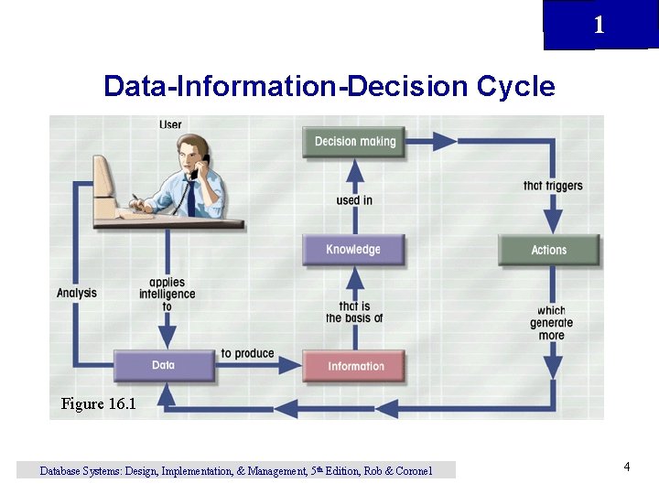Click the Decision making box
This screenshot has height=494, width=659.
point(354,142)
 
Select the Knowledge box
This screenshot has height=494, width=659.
point(353,250)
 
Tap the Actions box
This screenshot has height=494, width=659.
point(549,250)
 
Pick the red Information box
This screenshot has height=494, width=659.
point(355,366)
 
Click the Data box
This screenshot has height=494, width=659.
point(164,365)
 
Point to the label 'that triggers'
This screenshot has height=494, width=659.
point(553,186)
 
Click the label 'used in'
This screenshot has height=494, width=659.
point(354,200)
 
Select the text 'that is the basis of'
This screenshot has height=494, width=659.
point(354,312)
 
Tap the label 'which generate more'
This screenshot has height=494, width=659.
point(551,323)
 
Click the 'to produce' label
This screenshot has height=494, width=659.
point(247,354)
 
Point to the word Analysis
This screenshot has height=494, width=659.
point(77,293)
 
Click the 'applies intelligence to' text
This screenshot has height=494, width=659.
point(167,295)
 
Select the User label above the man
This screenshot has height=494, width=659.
point(170,124)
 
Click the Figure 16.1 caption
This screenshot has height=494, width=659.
point(98,403)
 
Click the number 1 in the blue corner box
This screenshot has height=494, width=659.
point(599,25)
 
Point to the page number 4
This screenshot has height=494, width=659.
point(627,467)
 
